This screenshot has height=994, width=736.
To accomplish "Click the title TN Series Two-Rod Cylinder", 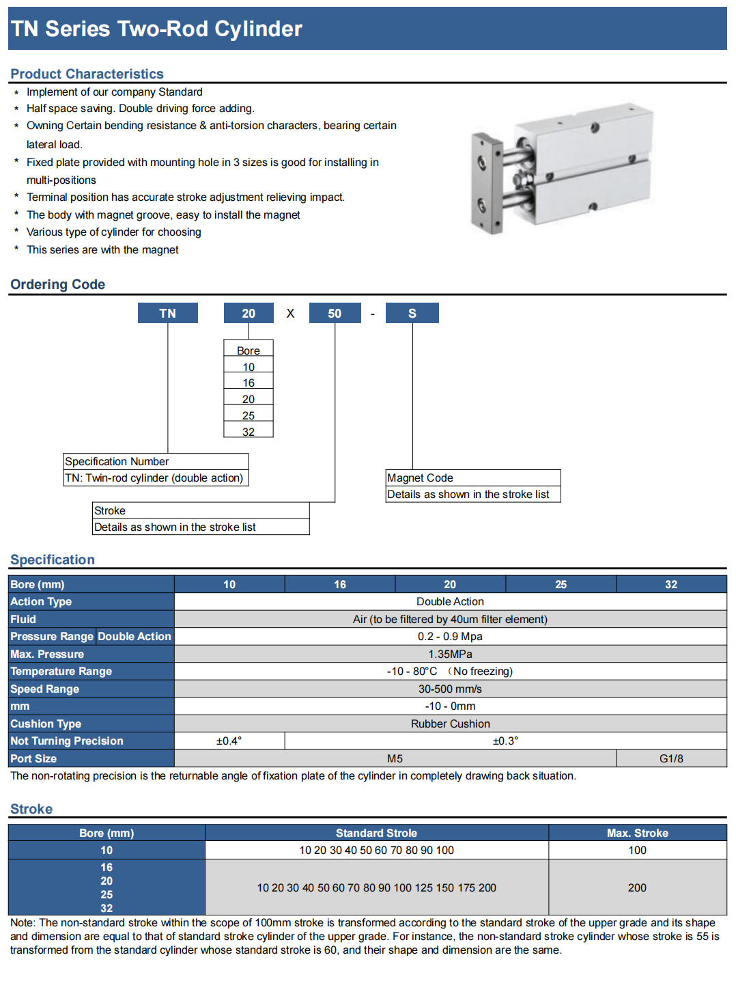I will [x=156, y=29].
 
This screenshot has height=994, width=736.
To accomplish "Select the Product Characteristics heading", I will [x=87, y=74].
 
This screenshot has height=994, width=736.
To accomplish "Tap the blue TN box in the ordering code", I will [x=168, y=313].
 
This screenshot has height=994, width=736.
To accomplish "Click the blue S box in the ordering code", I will [x=412, y=313].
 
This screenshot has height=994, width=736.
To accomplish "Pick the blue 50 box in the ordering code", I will [x=335, y=313].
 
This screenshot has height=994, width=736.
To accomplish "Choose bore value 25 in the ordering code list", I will [x=249, y=415].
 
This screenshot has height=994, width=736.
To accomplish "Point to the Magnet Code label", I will [x=420, y=478].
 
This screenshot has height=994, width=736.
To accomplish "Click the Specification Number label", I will [x=117, y=461].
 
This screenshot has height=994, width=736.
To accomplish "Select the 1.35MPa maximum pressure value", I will [x=450, y=654].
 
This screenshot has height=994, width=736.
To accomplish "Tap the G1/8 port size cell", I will [x=671, y=758].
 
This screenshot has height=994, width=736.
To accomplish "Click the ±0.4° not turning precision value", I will [x=229, y=741].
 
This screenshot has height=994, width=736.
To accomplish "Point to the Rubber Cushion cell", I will [x=450, y=723].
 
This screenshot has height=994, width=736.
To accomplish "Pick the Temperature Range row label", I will [x=61, y=671].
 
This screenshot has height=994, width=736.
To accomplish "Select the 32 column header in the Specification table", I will [x=671, y=584].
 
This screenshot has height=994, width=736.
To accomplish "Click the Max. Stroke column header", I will [x=637, y=833].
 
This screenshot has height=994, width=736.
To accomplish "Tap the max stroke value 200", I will [x=637, y=887].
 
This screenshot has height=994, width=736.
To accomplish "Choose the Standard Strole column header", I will [x=376, y=833].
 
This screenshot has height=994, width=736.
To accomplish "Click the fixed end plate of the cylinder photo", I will [x=487, y=183].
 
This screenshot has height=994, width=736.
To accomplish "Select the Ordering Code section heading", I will [x=58, y=284].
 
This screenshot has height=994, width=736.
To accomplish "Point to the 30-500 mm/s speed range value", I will [x=450, y=689].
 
